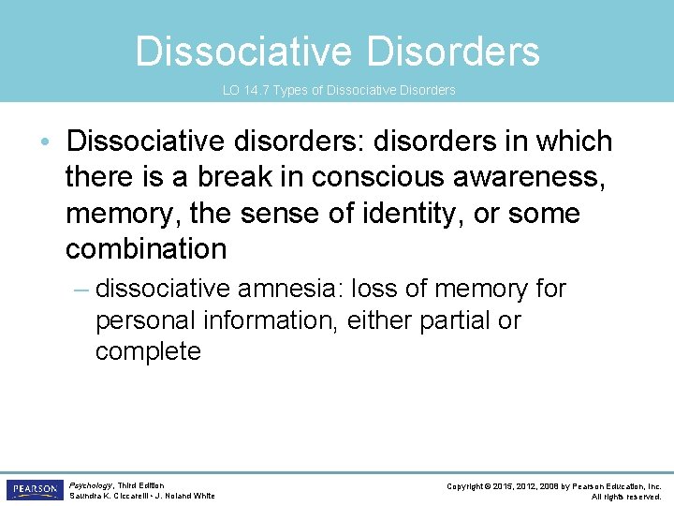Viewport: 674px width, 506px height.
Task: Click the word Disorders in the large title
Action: (453, 52)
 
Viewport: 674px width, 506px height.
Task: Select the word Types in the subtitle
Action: (292, 90)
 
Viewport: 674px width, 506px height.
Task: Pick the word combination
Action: (146, 248)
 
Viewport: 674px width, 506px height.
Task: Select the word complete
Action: (148, 351)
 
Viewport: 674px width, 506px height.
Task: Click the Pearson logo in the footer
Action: (34, 490)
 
